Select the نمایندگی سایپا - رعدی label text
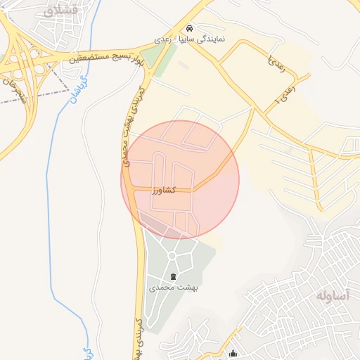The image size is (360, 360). tap(191, 40)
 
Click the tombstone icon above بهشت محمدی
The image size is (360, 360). tap(174, 275)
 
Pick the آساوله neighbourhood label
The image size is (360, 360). tap(332, 295)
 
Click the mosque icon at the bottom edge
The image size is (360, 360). tap(233, 354)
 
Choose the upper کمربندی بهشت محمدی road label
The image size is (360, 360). tap(133, 127)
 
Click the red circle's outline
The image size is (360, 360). tap(239, 180)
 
